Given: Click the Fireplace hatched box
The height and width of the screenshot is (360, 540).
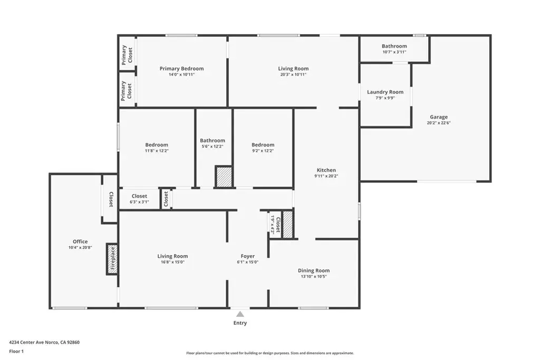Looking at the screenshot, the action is tap(112, 259).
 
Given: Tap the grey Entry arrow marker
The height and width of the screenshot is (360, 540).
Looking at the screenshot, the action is tap(240, 314).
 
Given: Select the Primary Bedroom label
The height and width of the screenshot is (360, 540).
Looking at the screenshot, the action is tap(181, 69).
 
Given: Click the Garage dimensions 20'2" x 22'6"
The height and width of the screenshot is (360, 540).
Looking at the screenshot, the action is tap(439, 122).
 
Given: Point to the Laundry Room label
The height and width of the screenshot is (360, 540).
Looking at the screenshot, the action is tap(385, 92).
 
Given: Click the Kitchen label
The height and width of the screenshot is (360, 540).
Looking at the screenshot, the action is tap(326, 170).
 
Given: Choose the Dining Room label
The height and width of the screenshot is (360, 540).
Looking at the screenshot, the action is tap(314, 270).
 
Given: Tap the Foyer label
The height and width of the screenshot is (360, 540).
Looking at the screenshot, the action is tap(248, 256).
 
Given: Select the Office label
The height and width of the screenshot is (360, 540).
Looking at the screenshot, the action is tap(80, 241).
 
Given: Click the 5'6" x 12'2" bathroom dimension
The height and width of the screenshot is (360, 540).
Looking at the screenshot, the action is tap(213, 147).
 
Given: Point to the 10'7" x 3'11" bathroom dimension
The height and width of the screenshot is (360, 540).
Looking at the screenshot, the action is tap(394, 52).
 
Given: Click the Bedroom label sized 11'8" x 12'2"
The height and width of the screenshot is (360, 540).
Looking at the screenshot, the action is tap(157, 145).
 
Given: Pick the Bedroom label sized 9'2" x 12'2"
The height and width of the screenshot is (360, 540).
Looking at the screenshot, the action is tap(263, 145).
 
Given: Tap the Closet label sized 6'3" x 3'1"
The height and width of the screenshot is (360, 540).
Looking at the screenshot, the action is tap(139, 196).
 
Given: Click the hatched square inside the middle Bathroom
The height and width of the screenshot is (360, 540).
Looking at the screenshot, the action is tap(224, 177).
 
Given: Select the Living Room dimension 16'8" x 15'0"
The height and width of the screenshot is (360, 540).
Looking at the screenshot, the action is tap(172, 262).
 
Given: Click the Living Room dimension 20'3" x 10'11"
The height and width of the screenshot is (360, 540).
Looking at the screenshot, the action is tap(293, 74).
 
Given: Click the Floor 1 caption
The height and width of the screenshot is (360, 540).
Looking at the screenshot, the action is tap(16, 352).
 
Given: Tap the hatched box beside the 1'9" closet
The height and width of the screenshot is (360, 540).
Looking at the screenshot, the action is tap(288, 225).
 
